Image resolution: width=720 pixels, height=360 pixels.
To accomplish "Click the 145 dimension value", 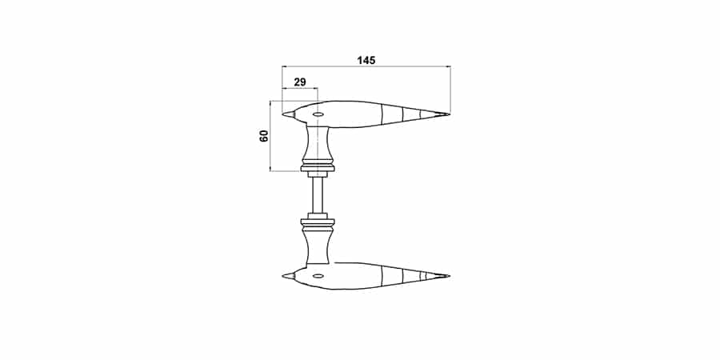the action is (366, 60).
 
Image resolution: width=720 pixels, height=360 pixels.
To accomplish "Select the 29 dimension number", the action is (300, 82).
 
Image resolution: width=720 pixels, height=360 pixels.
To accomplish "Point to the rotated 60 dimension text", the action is (264, 136).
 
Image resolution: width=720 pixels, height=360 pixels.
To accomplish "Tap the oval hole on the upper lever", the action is (318, 114).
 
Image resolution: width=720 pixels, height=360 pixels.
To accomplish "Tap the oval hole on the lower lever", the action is (318, 276).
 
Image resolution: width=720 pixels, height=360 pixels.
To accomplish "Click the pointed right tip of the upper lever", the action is (450, 114).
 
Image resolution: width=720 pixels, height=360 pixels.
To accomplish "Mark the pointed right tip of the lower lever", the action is (450, 276).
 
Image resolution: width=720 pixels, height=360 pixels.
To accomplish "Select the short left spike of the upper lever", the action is (288, 114).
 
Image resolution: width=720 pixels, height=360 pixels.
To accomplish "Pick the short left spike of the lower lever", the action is (288, 276).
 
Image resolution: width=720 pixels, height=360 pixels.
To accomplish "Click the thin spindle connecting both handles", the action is (318, 195).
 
